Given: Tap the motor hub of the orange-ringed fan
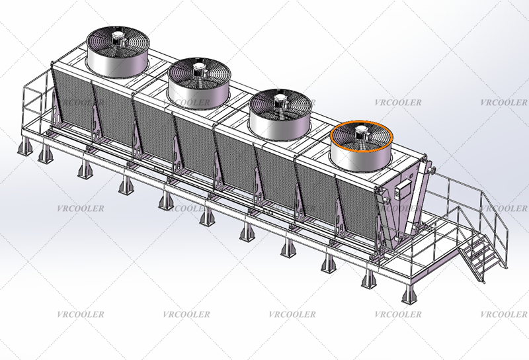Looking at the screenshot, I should click(x=361, y=133).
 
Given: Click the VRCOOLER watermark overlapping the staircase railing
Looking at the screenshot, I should click(x=503, y=208).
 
